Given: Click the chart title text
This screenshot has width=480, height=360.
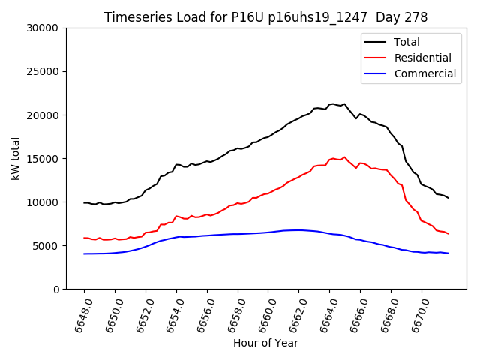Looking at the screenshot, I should click(265, 17).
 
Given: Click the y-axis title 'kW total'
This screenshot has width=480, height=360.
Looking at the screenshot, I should click(16, 158).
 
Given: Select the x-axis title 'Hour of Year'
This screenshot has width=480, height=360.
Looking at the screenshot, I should click(265, 343).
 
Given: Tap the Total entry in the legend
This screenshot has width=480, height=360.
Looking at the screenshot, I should click(406, 42).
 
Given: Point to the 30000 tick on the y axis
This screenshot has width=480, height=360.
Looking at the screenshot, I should click(43, 28).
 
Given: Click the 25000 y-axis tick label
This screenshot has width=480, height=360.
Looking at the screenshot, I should click(43, 71).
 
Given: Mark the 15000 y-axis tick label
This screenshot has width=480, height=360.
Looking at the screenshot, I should click(43, 158).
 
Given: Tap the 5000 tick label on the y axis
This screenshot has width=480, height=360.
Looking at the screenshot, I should click(46, 245).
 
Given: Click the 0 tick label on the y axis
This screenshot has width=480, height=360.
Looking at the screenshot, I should click(56, 289).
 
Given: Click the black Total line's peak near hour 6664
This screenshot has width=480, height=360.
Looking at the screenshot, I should click(332, 104).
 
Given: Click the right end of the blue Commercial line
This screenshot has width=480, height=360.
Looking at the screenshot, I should click(448, 253).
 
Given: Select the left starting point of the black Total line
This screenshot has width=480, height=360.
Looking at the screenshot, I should click(84, 202).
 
